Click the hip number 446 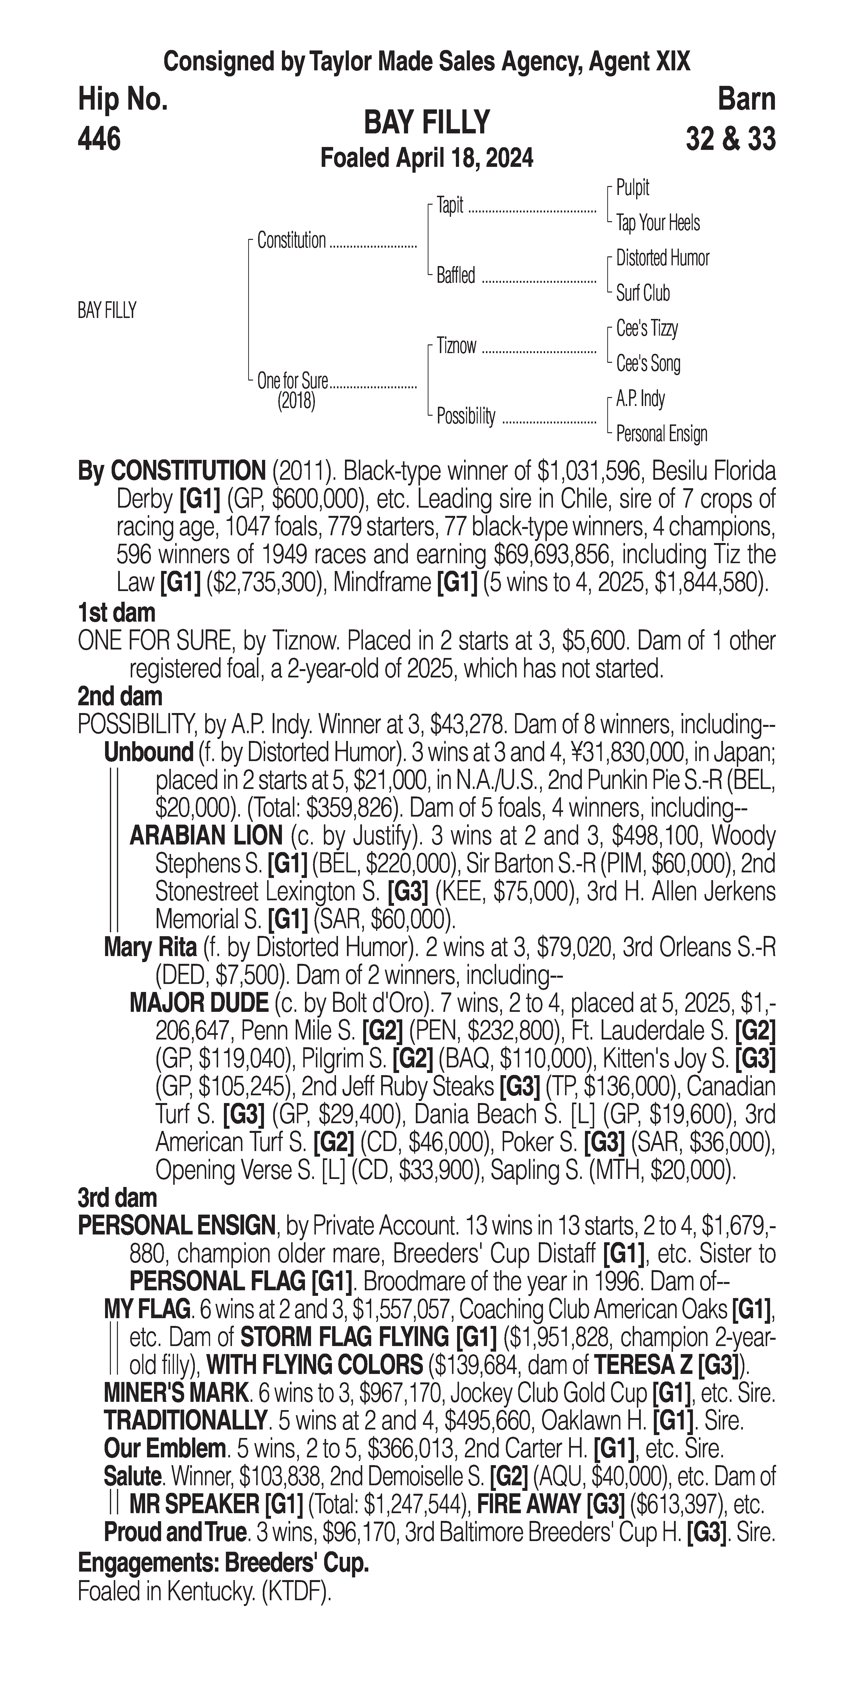[x=99, y=139]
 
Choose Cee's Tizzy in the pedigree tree [x=647, y=328]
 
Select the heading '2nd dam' [x=120, y=696]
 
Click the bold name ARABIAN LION [x=206, y=836]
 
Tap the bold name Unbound [x=148, y=753]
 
